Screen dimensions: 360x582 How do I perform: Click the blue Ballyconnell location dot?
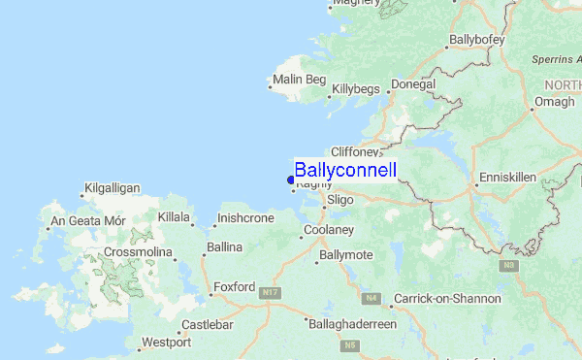[291, 179]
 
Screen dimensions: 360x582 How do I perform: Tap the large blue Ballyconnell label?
[345, 171]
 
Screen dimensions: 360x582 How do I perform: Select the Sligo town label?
[340, 199]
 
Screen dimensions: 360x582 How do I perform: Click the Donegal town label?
[413, 84]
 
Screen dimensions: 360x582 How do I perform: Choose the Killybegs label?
[356, 88]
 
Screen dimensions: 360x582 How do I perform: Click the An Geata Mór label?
[88, 220]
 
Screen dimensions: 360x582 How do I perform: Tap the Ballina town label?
[224, 247]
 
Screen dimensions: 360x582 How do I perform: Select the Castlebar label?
[208, 323]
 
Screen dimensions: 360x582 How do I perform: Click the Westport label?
[165, 343]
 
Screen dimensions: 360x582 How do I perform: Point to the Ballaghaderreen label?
[351, 323]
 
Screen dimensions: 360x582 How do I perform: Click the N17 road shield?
[270, 292]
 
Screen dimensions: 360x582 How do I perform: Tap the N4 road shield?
[370, 299]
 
